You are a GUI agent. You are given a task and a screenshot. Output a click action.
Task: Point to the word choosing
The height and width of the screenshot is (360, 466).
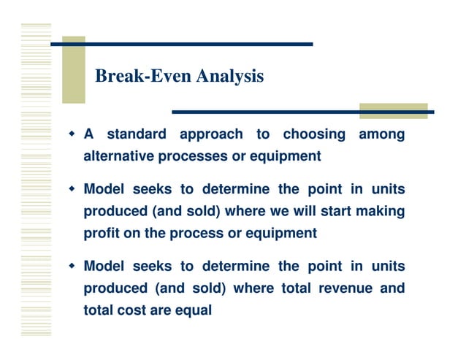tap(314, 134)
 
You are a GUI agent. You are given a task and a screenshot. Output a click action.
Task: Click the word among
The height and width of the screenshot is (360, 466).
tap(381, 134)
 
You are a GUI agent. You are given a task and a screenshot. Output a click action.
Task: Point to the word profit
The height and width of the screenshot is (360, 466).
tap(101, 234)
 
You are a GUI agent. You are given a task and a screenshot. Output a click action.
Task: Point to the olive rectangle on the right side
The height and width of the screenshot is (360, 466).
tap(394, 111)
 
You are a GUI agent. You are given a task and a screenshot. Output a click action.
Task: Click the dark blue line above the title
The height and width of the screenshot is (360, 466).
tap(183, 45)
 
